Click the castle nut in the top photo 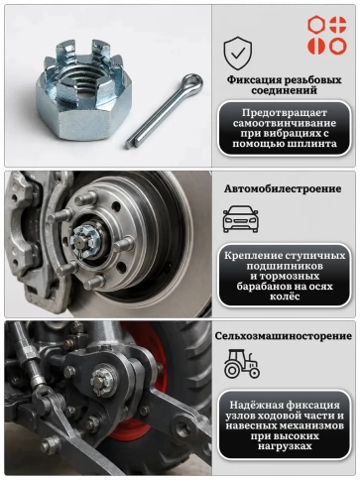[83, 88]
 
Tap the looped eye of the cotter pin [192, 81]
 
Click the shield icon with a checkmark [238, 54]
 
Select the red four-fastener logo [327, 35]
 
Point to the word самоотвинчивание [285, 123]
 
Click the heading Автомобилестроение [283, 188]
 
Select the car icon [241, 219]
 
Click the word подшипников [285, 266]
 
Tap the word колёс [285, 296]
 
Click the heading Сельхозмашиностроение [284, 336]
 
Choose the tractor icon [242, 364]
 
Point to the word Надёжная [256, 405]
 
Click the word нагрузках [285, 446]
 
